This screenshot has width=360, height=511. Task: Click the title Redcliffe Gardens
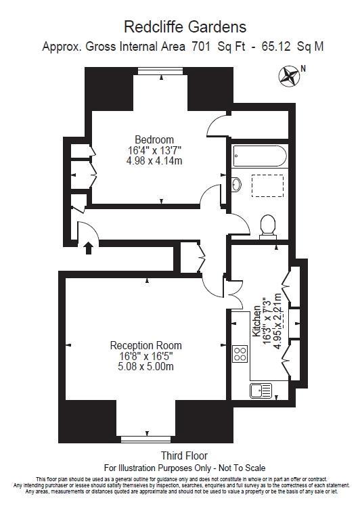[184, 27]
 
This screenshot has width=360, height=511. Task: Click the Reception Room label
[145, 345]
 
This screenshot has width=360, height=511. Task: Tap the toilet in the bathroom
[268, 225]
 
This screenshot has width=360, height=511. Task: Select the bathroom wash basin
[236, 184]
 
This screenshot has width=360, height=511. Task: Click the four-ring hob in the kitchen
[240, 353]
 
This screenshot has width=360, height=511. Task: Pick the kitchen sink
[257, 390]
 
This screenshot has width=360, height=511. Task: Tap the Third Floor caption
[184, 456]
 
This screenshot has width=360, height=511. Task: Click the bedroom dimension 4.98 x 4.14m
[154, 161]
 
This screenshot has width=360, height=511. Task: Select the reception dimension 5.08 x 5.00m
[145, 367]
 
